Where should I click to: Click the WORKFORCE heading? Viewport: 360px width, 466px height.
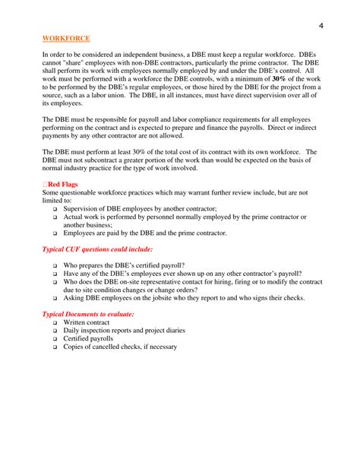tap(66, 37)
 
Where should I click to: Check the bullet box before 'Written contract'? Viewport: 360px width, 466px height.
tap(55, 322)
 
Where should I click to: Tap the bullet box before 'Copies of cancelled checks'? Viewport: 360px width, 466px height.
tap(55, 347)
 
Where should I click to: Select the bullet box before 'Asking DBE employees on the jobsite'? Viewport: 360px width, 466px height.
tap(55, 297)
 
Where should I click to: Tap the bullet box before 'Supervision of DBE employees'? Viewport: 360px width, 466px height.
tap(55, 208)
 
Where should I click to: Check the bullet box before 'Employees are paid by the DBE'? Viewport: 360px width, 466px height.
tap(55, 233)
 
